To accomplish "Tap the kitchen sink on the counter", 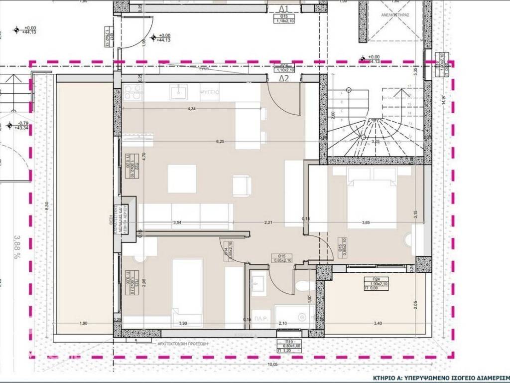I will (177, 92).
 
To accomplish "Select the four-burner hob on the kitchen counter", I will (133, 92).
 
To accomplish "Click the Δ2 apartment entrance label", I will (284, 78).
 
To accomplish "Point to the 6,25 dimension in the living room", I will (220, 142).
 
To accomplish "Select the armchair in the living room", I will (242, 186).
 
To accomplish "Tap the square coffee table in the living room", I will (182, 179).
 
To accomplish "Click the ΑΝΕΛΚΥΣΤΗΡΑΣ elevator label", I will (396, 15).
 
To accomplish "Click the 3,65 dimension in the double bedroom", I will (366, 222).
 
